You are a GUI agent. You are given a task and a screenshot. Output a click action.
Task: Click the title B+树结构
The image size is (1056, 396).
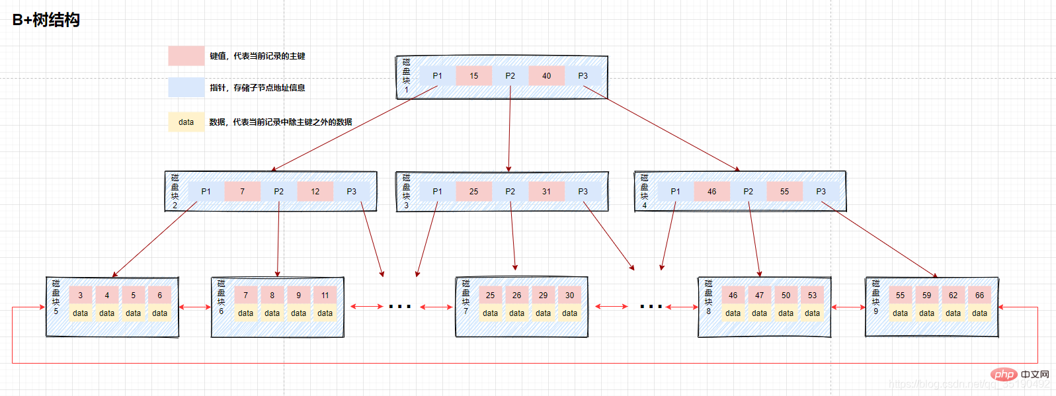click(46, 20)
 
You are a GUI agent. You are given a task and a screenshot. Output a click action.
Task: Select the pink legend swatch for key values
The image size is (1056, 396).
click(186, 56)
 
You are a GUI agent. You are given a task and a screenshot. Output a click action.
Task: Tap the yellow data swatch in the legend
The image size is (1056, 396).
click(186, 122)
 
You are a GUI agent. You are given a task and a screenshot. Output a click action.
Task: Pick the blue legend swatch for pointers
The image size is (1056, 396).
click(186, 87)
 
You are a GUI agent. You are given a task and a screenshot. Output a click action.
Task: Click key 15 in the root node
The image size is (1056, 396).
click(473, 76)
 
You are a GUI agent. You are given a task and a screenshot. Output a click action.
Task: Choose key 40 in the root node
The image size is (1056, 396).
click(546, 76)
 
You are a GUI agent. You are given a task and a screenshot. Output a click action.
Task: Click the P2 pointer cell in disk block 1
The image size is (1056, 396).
click(510, 76)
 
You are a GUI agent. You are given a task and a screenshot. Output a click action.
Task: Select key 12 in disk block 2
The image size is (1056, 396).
click(315, 192)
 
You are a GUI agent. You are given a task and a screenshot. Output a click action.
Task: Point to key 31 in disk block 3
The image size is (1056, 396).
click(546, 192)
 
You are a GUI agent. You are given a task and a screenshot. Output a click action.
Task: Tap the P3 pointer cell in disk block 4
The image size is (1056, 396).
click(821, 192)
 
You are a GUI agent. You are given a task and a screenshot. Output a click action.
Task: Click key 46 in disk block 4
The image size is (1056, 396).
click(711, 192)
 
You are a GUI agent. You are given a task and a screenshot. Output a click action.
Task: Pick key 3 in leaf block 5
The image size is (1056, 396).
click(80, 296)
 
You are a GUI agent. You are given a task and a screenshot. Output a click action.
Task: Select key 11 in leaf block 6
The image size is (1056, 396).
click(325, 296)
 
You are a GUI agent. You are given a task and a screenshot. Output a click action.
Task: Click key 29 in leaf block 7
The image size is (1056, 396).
click(543, 296)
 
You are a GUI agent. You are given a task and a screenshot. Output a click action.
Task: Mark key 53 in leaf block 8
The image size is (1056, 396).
click(812, 296)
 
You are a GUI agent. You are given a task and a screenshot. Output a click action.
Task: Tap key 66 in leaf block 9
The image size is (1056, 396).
click(979, 296)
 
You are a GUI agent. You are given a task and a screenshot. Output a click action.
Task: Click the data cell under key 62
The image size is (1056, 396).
click(953, 313)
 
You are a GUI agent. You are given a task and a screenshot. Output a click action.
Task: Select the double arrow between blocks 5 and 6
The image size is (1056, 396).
click(194, 307)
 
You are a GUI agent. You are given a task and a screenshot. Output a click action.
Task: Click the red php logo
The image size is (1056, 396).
click(1004, 375)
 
